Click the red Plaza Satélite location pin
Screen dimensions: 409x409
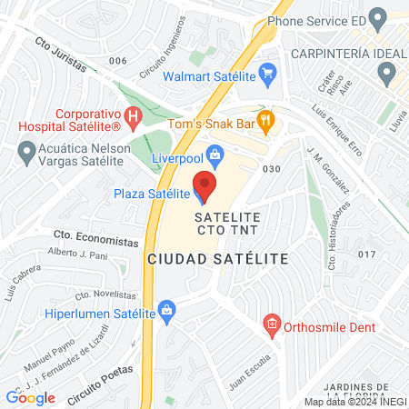204,189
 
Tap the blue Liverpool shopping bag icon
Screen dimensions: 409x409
215,155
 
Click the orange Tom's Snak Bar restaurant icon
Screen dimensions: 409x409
265,118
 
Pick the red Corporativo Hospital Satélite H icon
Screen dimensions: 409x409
133,116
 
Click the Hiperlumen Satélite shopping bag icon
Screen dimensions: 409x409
167,311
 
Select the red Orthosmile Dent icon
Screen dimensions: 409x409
270,323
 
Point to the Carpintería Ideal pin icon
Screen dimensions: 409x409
389,72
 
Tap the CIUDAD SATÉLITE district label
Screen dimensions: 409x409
217,259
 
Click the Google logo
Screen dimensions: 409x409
30,397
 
